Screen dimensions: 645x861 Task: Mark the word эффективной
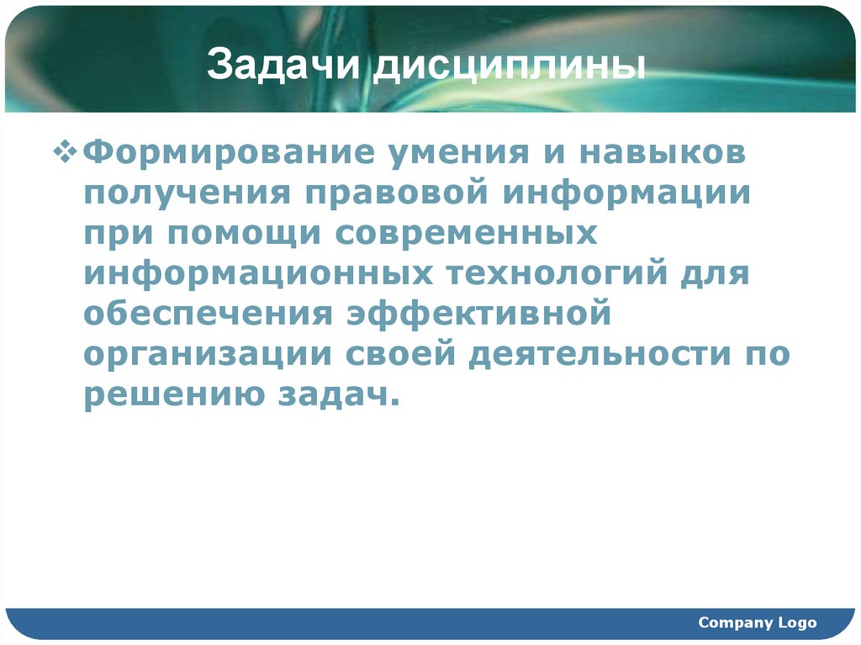coord(477,314)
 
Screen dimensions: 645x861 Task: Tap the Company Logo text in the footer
coord(757,622)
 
